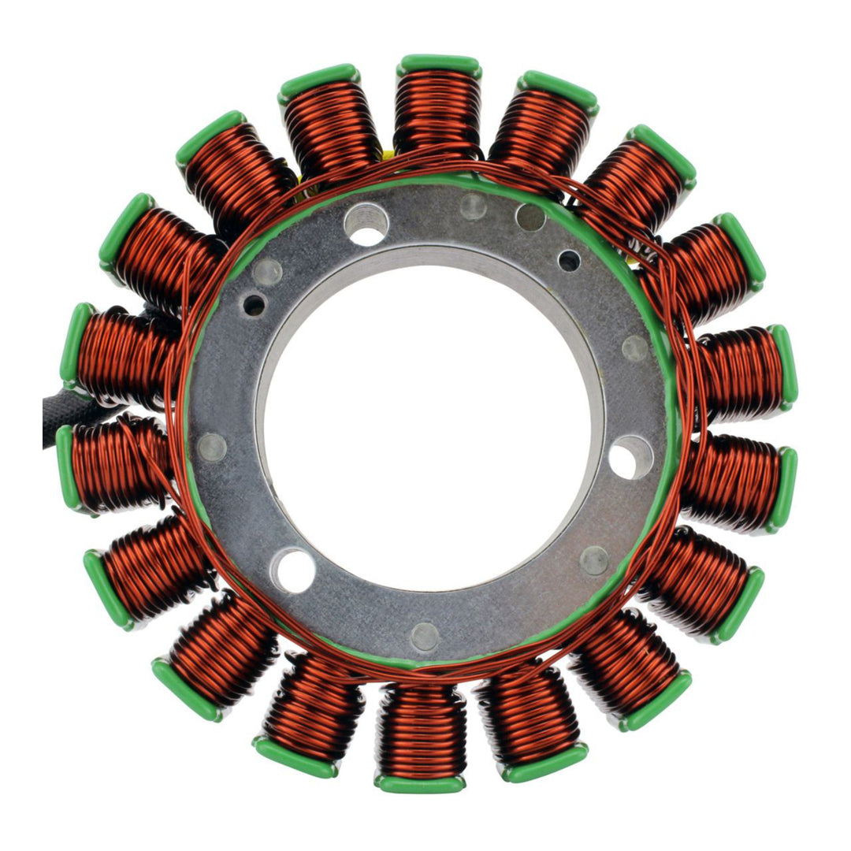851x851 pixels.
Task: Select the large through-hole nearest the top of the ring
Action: tap(366, 224)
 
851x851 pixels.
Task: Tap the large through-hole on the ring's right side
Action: tap(630, 457)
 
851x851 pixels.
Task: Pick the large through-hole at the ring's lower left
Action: tap(292, 570)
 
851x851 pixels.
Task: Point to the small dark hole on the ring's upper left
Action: tap(255, 305)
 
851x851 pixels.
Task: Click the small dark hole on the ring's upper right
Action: tap(569, 260)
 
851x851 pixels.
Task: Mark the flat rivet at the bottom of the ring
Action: tap(425, 637)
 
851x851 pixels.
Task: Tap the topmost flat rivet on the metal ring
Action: tap(473, 206)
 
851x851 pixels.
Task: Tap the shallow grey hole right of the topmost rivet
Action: tap(530, 217)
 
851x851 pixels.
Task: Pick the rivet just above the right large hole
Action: tap(635, 347)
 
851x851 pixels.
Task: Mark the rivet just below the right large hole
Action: tap(594, 560)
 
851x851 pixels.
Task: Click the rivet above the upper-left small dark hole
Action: tap(268, 272)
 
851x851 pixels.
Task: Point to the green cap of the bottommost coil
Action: tap(419, 784)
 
